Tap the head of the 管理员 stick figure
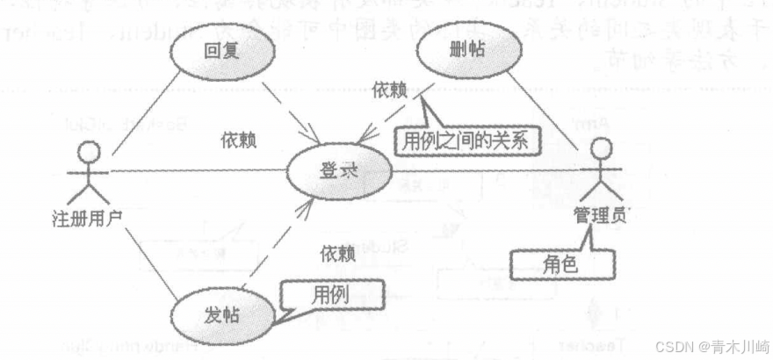pyautogui.click(x=596, y=148)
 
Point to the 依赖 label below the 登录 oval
pyautogui.click(x=337, y=254)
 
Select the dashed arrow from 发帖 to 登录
pyautogui.click(x=278, y=242)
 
